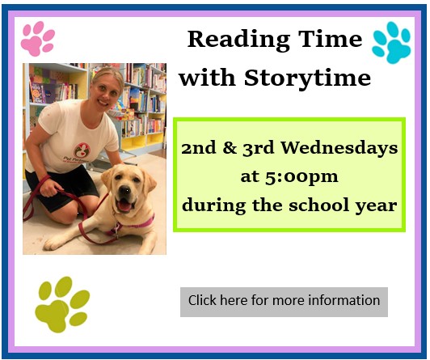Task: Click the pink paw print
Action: click(x=37, y=39)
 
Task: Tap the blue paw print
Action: click(x=391, y=43)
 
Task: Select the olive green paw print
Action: click(x=62, y=304)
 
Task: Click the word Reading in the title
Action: click(x=238, y=40)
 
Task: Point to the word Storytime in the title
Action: click(x=307, y=78)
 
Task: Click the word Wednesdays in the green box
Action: click(x=339, y=149)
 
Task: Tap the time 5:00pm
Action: click(x=301, y=177)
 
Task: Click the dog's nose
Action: click(x=124, y=190)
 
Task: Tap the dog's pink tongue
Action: click(x=124, y=206)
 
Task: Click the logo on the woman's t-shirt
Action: click(x=82, y=150)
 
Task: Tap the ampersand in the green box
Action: click(x=230, y=148)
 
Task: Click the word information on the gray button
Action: click(x=344, y=300)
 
